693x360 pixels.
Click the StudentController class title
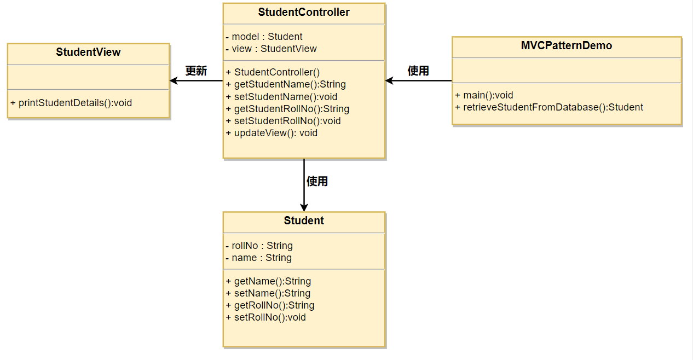pyautogui.click(x=304, y=12)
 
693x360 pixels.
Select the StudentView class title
pyautogui.click(x=88, y=53)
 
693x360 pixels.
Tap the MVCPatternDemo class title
pyautogui.click(x=567, y=46)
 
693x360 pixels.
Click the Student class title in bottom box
pyautogui.click(x=304, y=220)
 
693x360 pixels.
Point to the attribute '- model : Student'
pyautogui.click(x=264, y=37)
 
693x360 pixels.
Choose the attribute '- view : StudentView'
pyautogui.click(x=271, y=49)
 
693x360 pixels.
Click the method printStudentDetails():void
pyautogui.click(x=71, y=103)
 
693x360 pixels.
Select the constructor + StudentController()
pyautogui.click(x=273, y=72)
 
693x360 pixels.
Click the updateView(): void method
pyautogui.click(x=272, y=133)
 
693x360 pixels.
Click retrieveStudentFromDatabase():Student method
pyautogui.click(x=549, y=107)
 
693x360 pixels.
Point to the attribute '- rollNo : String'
pyautogui.click(x=259, y=246)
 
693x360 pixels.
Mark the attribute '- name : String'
pyautogui.click(x=258, y=258)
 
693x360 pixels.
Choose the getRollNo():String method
pyautogui.click(x=270, y=305)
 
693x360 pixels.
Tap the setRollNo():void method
pyautogui.click(x=265, y=317)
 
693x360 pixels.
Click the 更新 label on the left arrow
pyautogui.click(x=196, y=71)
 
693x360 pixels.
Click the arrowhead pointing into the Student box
pyautogui.click(x=304, y=207)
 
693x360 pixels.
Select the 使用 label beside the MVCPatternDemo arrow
pyautogui.click(x=418, y=71)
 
